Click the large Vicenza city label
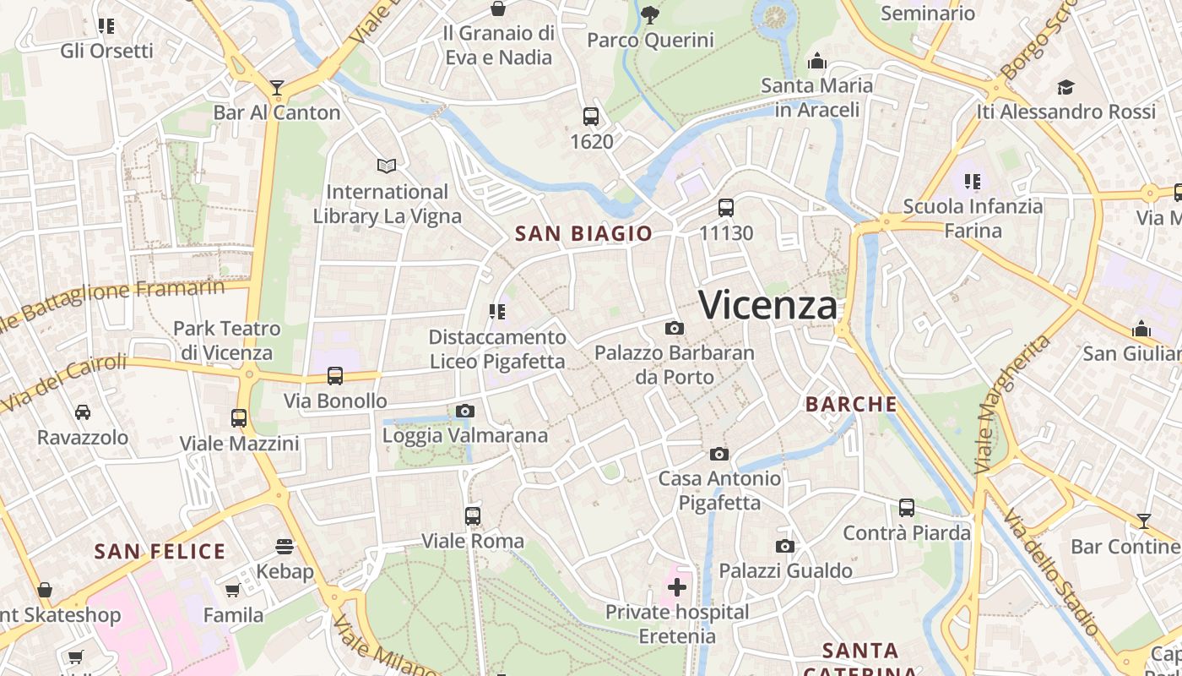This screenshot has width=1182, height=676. point(768,304)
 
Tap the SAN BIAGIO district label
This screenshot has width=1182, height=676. point(584,234)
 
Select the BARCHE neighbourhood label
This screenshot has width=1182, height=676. point(851,405)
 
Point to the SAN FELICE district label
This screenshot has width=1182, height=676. point(160,553)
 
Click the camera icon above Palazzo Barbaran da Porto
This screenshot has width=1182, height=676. point(674,328)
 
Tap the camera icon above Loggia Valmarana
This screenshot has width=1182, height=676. point(464,412)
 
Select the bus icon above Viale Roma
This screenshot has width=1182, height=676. point(473,515)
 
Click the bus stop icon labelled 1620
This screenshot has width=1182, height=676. point(591,117)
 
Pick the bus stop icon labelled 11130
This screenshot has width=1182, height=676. point(726,208)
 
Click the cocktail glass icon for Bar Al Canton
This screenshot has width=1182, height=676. point(277,87)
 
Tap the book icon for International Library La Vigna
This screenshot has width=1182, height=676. point(387,166)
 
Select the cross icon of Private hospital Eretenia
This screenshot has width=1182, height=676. point(677,586)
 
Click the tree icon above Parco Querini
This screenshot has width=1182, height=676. point(650,14)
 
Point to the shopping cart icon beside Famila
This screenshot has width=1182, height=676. point(232,590)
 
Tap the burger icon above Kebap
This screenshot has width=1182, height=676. point(285,547)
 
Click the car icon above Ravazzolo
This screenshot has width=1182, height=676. point(83,412)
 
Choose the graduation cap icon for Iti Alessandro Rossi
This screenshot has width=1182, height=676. point(1065,87)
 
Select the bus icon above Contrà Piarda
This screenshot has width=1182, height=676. point(907,508)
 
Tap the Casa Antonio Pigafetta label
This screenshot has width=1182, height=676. point(720,491)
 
